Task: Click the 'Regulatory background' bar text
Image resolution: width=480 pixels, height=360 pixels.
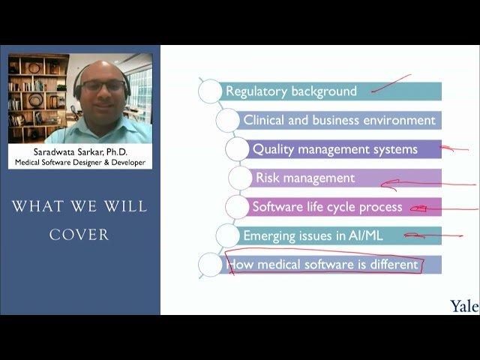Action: pyautogui.click(x=291, y=91)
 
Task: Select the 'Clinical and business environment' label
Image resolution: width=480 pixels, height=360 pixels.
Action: pyautogui.click(x=339, y=120)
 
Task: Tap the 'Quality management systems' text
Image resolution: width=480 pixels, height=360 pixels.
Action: pyautogui.click(x=334, y=148)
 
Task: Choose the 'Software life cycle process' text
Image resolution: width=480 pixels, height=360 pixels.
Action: pyautogui.click(x=327, y=207)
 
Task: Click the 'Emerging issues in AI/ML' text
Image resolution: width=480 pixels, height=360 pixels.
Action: pyautogui.click(x=313, y=235)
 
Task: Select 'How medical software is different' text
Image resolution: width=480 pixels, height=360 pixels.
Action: pyautogui.click(x=322, y=264)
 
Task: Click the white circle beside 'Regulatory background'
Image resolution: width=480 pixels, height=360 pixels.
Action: pyautogui.click(x=210, y=91)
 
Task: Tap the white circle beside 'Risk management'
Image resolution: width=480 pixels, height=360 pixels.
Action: pyautogui.click(x=240, y=178)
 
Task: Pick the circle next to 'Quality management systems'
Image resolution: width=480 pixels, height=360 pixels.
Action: pyautogui.click(x=237, y=149)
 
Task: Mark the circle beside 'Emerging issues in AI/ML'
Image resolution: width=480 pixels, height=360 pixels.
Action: pyautogui.click(x=228, y=235)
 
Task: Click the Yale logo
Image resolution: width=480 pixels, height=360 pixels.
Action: pyautogui.click(x=464, y=306)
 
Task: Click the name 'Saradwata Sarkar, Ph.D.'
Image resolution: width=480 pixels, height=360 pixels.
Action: pyautogui.click(x=80, y=151)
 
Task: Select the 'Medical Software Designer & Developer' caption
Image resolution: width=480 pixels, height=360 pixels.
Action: pyautogui.click(x=80, y=162)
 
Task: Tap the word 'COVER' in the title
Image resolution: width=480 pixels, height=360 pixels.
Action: pyautogui.click(x=79, y=235)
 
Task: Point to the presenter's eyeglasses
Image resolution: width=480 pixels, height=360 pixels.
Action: pyautogui.click(x=103, y=86)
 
